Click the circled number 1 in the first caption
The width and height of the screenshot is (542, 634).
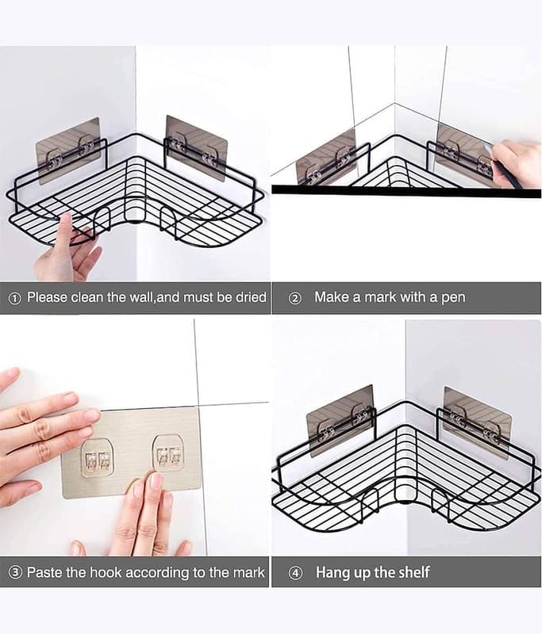tap(14, 299)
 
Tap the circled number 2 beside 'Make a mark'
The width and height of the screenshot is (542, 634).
tap(295, 299)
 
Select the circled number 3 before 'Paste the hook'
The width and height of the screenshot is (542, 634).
tap(15, 573)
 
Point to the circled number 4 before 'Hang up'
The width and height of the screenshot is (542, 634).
tap(296, 573)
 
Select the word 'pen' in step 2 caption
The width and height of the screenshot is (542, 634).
tap(453, 299)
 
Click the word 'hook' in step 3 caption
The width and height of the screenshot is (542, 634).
tap(106, 572)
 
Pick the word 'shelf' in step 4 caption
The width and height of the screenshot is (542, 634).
tap(413, 572)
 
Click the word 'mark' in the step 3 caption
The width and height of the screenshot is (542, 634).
tap(249, 572)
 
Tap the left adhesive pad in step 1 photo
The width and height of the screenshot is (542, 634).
tap(68, 151)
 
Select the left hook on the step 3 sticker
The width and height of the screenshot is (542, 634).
tap(97, 458)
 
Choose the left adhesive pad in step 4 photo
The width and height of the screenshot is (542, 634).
tap(340, 421)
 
